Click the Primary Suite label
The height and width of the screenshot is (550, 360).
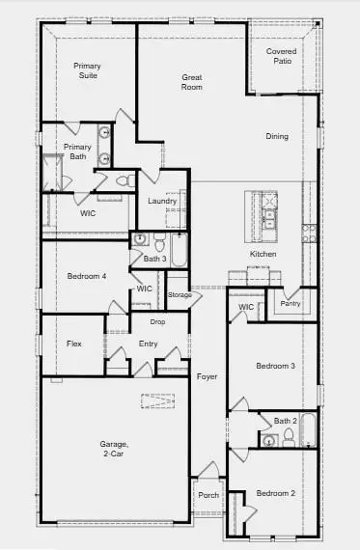(89, 71)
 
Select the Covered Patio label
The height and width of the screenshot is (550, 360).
(281, 56)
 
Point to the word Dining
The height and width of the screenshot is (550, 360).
(277, 136)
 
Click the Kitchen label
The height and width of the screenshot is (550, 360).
(263, 254)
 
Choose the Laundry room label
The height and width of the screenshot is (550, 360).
(162, 201)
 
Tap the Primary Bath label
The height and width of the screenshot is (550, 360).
(77, 152)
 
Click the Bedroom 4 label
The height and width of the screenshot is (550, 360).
(85, 277)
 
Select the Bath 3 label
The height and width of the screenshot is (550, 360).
(155, 259)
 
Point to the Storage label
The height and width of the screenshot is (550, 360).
(180, 294)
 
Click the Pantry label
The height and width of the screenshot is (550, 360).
(291, 303)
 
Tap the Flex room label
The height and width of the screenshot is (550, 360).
(73, 344)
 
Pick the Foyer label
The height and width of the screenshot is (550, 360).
(208, 376)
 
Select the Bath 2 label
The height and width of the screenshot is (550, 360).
(285, 421)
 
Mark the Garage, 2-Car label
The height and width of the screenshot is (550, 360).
(114, 450)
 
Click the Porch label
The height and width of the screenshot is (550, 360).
(208, 496)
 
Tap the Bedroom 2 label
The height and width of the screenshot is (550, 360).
(276, 493)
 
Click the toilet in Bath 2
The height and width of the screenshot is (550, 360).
(269, 440)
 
